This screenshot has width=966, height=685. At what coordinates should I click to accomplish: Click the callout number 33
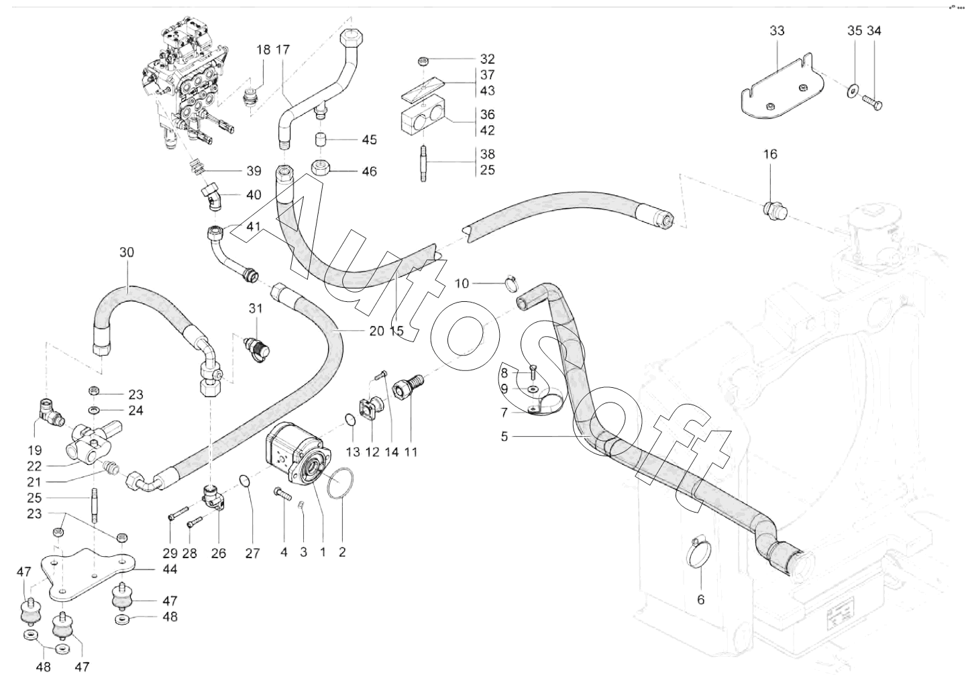777,31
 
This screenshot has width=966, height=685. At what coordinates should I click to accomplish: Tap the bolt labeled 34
873,103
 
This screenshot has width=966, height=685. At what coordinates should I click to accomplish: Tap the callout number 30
127,252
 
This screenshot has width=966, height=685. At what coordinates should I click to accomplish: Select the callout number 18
263,49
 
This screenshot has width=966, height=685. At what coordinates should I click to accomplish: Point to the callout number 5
504,436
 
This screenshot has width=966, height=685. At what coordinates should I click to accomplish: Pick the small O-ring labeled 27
246,482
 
